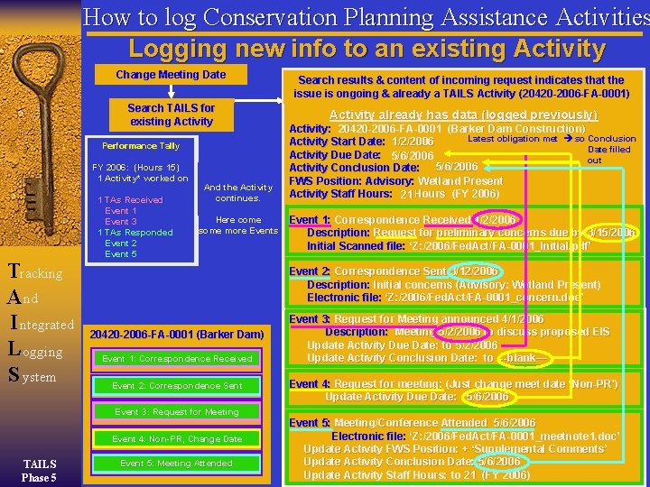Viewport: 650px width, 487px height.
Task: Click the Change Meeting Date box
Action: point(171,75)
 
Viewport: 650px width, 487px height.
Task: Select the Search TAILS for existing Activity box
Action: point(171,115)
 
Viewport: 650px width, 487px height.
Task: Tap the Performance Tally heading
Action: point(140,146)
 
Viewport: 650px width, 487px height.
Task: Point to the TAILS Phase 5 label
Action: point(39,471)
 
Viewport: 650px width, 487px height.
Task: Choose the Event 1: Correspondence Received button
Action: point(176,359)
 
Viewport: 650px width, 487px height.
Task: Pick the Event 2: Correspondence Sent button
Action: point(176,386)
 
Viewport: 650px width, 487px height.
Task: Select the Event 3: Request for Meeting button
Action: point(176,412)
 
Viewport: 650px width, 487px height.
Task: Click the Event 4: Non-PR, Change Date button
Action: point(176,439)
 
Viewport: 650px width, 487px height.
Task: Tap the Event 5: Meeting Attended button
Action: point(176,464)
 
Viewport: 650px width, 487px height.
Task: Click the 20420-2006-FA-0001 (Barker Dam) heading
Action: point(176,335)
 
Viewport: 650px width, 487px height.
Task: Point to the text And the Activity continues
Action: point(238,192)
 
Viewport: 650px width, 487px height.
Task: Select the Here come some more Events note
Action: point(238,225)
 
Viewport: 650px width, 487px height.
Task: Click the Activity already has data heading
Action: point(463,115)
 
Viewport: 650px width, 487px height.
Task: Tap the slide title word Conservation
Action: point(290,17)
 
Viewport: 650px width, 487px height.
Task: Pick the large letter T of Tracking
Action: point(14,271)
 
